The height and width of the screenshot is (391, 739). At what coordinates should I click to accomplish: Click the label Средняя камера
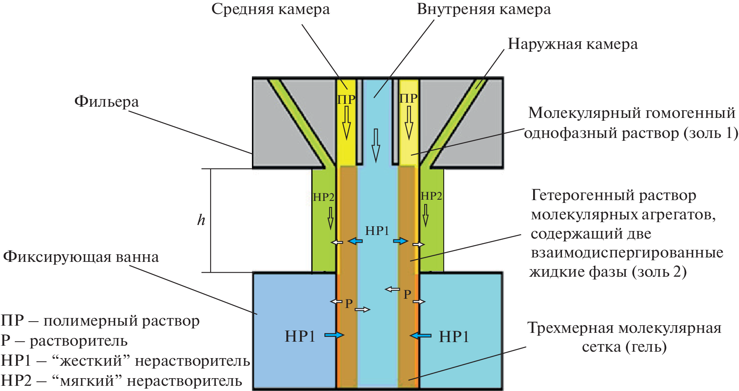[x=270, y=10]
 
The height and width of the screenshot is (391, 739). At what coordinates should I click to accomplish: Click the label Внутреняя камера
[x=483, y=10]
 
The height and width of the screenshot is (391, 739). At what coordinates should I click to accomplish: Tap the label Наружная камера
[x=572, y=44]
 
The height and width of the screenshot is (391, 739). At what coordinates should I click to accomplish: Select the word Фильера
[x=107, y=102]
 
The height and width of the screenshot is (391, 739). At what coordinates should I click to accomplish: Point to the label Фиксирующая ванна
[x=81, y=257]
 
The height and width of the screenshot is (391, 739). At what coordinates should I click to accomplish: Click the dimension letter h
[x=201, y=220]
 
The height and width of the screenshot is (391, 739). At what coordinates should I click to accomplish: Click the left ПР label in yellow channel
[x=346, y=99]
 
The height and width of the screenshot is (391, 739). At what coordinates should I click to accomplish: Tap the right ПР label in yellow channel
[x=409, y=98]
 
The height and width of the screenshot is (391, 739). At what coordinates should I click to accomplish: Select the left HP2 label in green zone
[x=323, y=197]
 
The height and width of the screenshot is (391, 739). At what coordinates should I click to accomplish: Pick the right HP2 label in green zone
[x=431, y=196]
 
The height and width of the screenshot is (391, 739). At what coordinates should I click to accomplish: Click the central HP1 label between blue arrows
[x=377, y=231]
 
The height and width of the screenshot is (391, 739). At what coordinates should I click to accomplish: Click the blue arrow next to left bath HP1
[x=334, y=335]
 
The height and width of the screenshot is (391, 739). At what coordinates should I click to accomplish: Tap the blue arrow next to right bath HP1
[x=421, y=335]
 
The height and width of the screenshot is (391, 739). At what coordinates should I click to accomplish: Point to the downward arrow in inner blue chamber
[x=375, y=145]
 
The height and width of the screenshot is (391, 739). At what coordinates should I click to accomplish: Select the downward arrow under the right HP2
[x=425, y=215]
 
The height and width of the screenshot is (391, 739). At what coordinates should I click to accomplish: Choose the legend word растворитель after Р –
[x=79, y=341]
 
